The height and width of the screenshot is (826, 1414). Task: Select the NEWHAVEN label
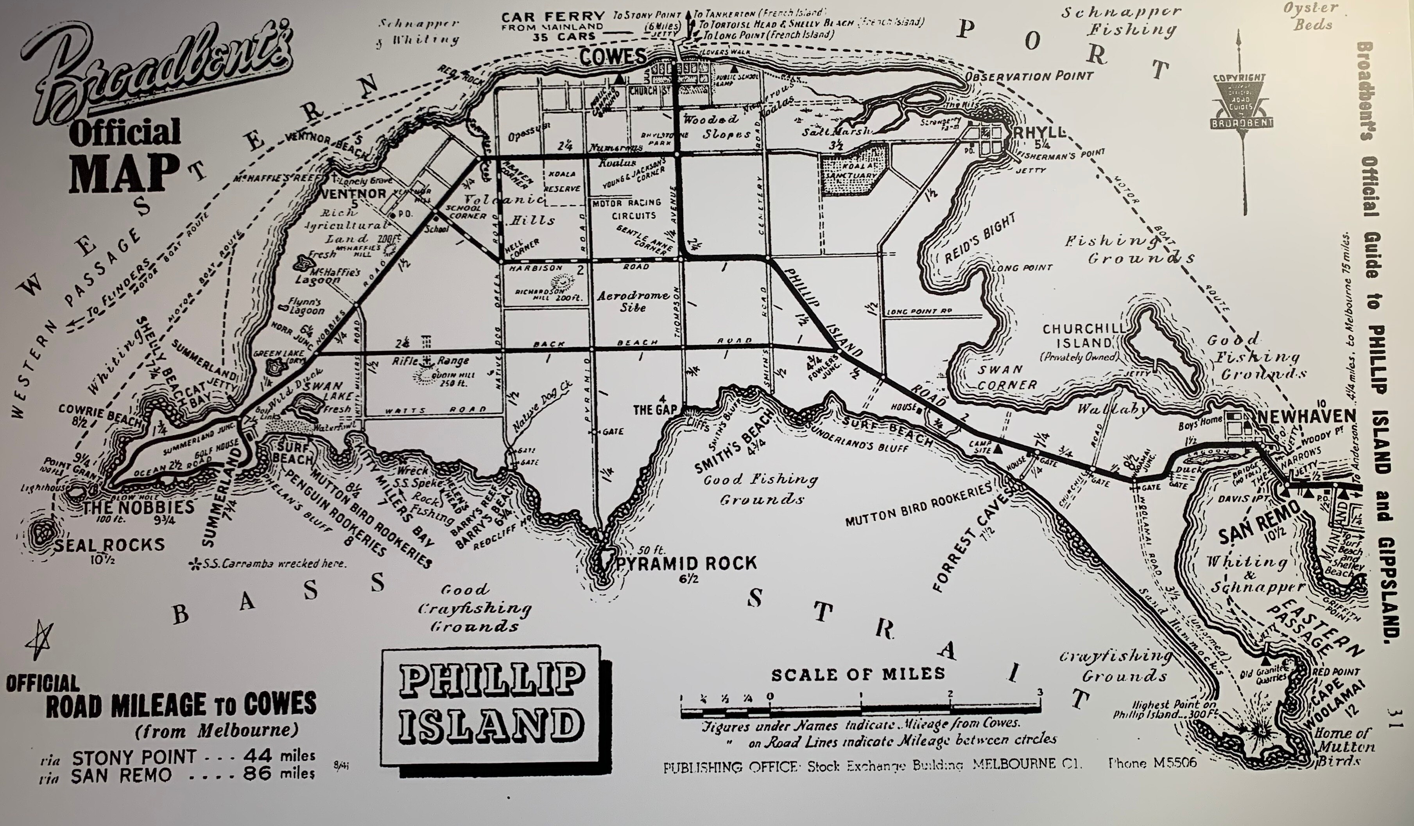pos(1306,416)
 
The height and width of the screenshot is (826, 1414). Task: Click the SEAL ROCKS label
pos(109,544)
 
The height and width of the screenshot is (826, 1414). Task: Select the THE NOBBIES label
pos(139,507)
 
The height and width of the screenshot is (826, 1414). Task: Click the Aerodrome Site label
pos(633,301)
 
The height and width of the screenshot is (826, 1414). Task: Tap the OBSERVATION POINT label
pos(1029,76)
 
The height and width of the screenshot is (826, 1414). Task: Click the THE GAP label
pos(655,409)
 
